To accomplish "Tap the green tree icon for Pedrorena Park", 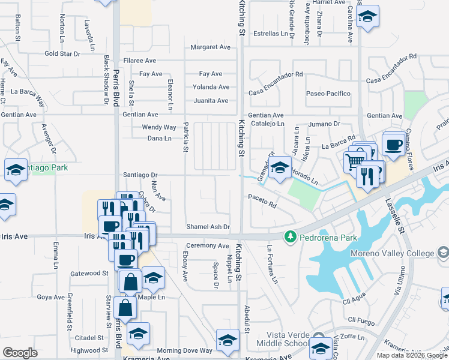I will click(291, 236).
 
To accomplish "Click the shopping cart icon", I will click(354, 161).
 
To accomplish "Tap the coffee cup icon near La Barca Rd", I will click(394, 145).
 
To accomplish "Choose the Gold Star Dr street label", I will click(62, 54).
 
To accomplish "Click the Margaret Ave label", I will click(211, 47).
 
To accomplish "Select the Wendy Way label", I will click(159, 127).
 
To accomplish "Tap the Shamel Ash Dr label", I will click(208, 227).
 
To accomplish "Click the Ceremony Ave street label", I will click(208, 246).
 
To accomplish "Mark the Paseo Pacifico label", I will click(328, 94).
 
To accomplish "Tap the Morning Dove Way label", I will click(185, 350).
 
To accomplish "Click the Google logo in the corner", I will click(20, 353).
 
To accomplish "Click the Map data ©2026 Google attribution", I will click(412, 355).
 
